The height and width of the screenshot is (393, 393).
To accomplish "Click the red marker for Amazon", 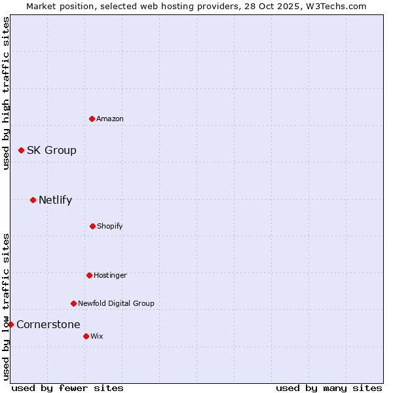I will tap(92, 119).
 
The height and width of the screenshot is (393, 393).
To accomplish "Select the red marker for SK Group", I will tap(21, 150).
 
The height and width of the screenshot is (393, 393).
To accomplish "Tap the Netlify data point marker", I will tap(33, 200).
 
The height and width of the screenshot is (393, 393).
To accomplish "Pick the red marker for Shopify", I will tap(92, 226).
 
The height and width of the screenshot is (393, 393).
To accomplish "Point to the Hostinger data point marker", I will tap(89, 275).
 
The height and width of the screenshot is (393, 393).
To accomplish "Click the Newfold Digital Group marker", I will tap(73, 303).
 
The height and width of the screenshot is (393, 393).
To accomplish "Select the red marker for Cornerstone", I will tap(10, 324).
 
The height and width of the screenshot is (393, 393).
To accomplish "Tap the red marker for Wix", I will tap(86, 336).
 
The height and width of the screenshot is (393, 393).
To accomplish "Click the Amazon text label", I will tap(110, 119).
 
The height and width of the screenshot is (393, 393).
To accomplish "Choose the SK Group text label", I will tap(52, 150).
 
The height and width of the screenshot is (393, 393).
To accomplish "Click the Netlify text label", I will tap(56, 200).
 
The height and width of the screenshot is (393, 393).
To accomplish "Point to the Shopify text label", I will tap(110, 226).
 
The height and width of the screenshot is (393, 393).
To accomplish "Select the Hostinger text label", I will tap(110, 275).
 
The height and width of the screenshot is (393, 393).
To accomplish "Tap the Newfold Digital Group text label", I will tap(116, 303).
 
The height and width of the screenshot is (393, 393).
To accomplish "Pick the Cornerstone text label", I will tap(48, 324).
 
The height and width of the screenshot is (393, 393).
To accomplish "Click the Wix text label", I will tap(97, 336).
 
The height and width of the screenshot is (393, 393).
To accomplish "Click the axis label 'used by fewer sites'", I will tap(67, 388).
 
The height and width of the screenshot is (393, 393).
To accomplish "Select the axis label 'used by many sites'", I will tap(329, 388).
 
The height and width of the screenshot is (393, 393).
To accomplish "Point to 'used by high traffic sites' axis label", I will tap(6, 93).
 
